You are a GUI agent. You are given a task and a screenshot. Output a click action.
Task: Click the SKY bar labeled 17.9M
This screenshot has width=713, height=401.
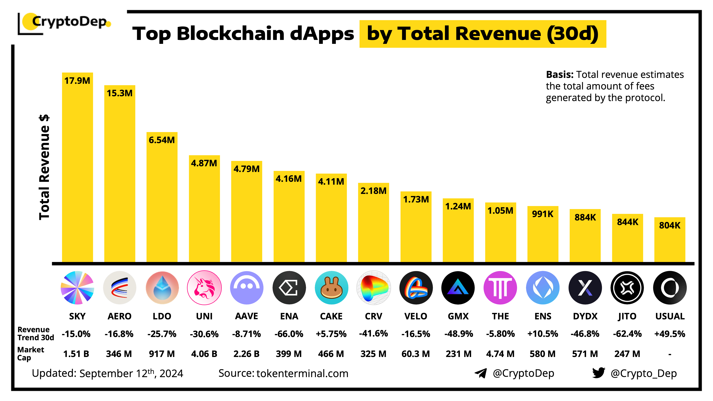[x=77, y=172]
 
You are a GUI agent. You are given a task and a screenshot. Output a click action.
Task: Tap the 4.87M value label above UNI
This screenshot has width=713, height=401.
[x=204, y=163]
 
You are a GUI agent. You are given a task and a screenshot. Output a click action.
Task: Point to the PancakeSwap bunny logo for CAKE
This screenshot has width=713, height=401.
[x=331, y=288]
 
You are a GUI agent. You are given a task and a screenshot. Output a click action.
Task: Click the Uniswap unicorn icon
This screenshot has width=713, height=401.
[x=204, y=288]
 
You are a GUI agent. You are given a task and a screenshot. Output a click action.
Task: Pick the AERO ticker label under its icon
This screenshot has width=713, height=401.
[x=120, y=316]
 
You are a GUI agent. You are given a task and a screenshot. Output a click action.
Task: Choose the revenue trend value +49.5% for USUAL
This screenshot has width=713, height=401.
[x=670, y=334]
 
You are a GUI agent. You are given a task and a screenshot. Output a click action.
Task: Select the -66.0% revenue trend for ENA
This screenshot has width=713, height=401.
[x=289, y=334]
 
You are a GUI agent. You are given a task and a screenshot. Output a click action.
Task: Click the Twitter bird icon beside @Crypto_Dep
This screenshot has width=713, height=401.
[x=598, y=373]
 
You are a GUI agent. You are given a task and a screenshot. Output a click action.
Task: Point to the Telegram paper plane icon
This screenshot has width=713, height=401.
[x=481, y=373]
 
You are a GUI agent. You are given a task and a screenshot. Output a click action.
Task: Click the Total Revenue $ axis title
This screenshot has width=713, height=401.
[x=44, y=167]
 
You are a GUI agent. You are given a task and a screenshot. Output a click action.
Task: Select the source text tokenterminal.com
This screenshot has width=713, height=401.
[x=302, y=374]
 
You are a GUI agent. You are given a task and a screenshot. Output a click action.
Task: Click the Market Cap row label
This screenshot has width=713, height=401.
[x=30, y=354]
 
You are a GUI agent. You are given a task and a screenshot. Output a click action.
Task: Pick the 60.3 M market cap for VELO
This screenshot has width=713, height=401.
[x=416, y=354]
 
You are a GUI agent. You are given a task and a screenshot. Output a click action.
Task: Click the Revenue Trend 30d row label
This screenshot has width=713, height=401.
[x=35, y=333]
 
